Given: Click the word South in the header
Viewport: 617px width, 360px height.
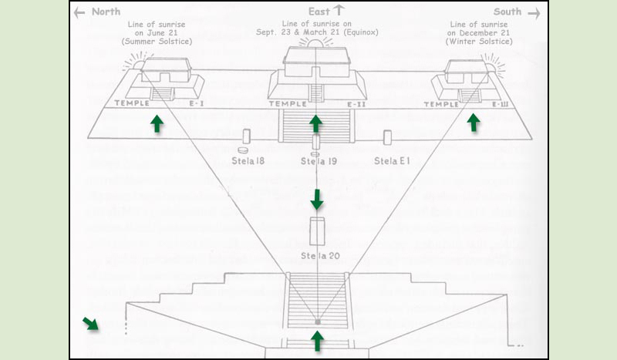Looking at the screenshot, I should tap(507, 12).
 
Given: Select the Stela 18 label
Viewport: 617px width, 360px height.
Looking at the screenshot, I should tap(248, 160).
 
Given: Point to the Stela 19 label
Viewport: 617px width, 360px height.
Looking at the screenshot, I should tap(316, 160).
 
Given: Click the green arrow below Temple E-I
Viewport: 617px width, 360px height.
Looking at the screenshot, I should tap(157, 123).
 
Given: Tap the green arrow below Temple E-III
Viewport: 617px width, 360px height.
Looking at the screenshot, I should tap(474, 122).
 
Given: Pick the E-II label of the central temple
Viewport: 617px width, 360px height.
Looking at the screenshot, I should tap(356, 104).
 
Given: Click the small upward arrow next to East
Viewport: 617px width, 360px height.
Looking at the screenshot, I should tap(337, 11).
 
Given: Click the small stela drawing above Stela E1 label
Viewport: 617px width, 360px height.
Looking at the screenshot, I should tap(387, 137).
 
